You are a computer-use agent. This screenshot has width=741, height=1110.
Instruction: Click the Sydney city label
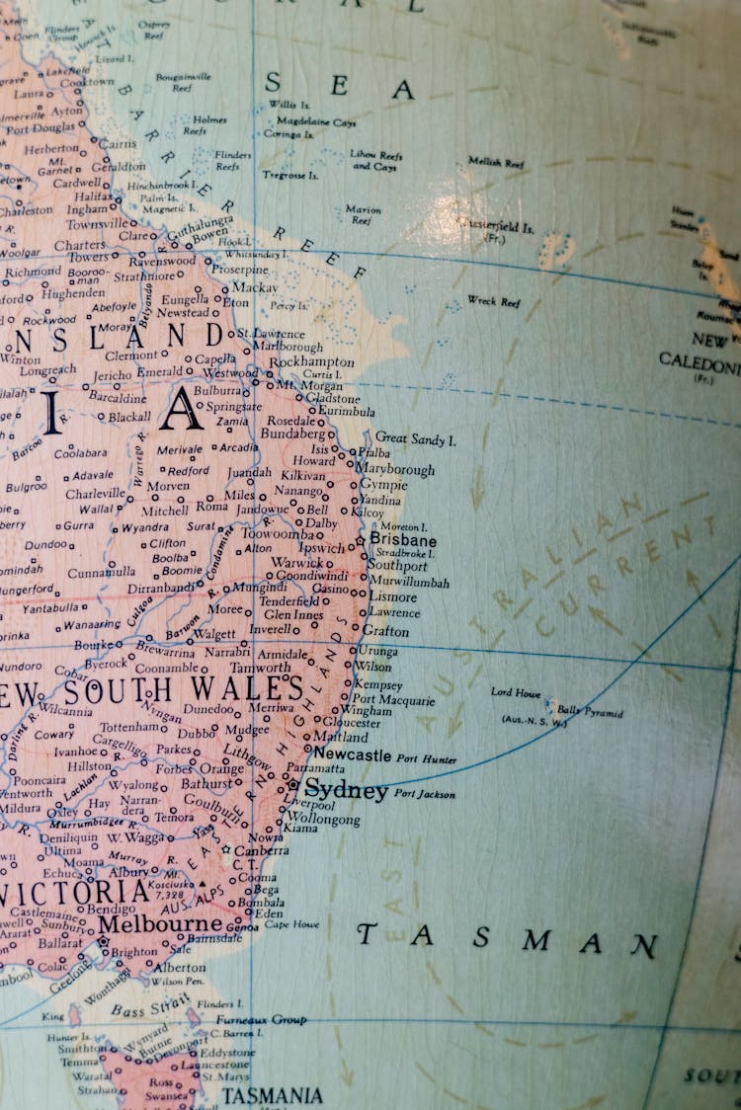pos(346,790)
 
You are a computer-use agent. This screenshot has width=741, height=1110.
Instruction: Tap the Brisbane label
pos(403,541)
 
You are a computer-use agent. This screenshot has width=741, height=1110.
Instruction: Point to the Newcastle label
pos(353,754)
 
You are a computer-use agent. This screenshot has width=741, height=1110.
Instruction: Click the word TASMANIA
pos(272,1096)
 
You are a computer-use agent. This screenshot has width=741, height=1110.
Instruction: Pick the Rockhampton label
pos(311,362)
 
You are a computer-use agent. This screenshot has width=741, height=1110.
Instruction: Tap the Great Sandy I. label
pos(415,438)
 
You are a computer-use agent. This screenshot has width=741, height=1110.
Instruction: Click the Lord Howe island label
pos(515,692)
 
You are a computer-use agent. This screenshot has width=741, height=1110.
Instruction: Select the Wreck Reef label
pos(493,301)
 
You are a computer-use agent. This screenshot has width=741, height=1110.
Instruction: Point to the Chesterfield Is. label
pos(498,227)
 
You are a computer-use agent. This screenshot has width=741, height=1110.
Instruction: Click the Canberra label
pos(262,850)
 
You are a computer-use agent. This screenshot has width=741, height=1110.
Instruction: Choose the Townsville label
pos(98,224)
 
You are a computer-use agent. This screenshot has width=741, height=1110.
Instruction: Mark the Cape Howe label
pos(291,925)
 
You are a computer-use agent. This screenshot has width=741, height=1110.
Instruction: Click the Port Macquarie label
pos(393,700)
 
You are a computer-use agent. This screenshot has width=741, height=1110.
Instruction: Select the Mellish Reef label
pos(496,162)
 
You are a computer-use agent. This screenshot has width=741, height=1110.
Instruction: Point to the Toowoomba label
pos(278,534)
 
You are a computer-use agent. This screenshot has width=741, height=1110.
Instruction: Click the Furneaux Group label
pos(261,1019)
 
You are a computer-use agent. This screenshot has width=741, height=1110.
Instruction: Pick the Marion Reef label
pos(363,214)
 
